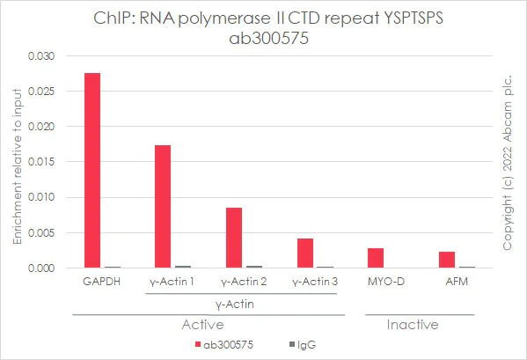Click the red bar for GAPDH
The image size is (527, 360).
pos(91,170)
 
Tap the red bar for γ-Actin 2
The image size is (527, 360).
pos(234,237)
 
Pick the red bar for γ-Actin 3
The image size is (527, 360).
pos(304,253)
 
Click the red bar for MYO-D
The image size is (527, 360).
pos(376,257)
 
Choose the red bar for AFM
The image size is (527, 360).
pos(447,259)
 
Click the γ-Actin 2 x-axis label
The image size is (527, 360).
pos(242,281)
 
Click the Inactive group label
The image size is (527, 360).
pos(413,325)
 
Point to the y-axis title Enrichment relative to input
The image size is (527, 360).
pos(16,163)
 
